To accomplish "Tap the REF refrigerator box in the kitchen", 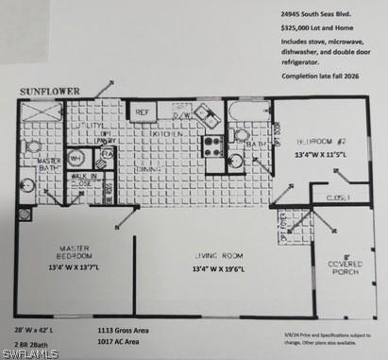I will pos(143,112).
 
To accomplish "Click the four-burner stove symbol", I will pos(212,146).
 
